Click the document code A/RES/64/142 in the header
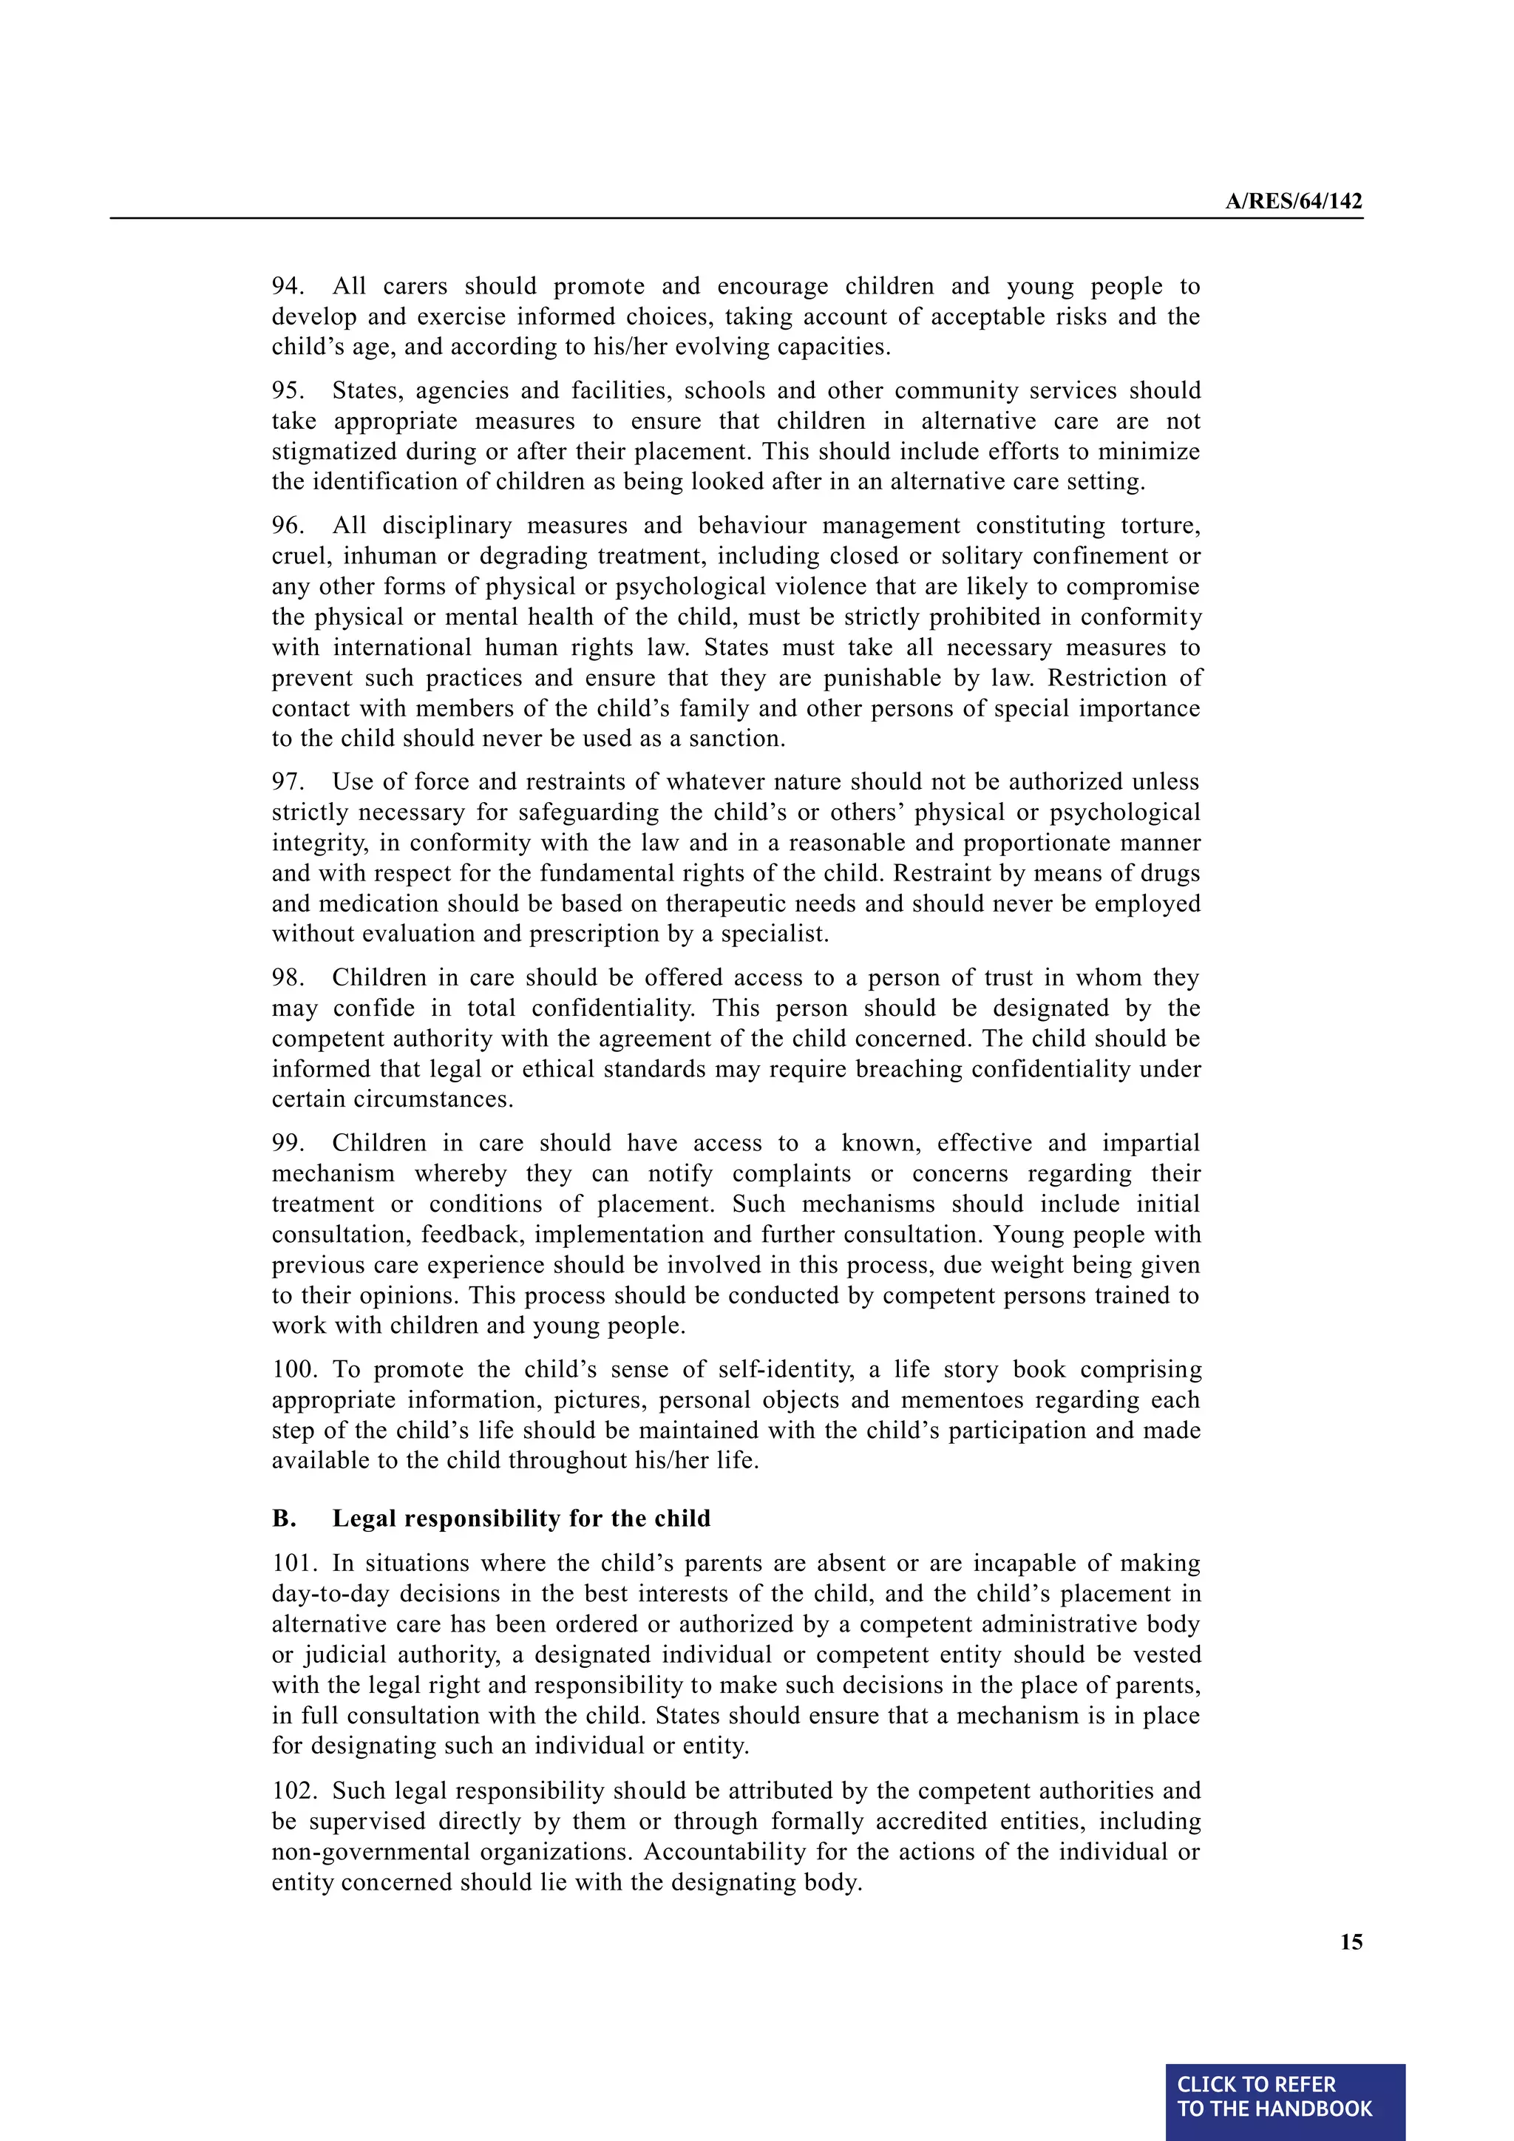[x=1293, y=201]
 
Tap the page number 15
[x=1351, y=1941]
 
